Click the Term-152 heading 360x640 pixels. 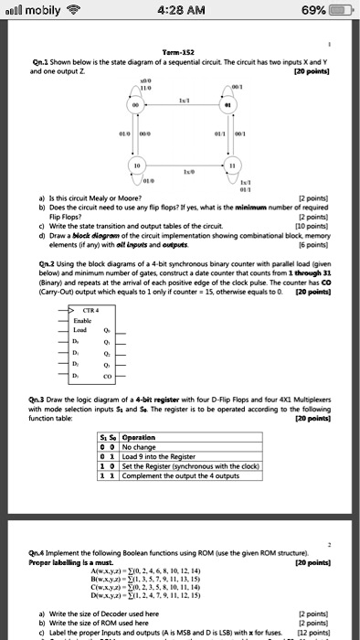pyautogui.click(x=181, y=53)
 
